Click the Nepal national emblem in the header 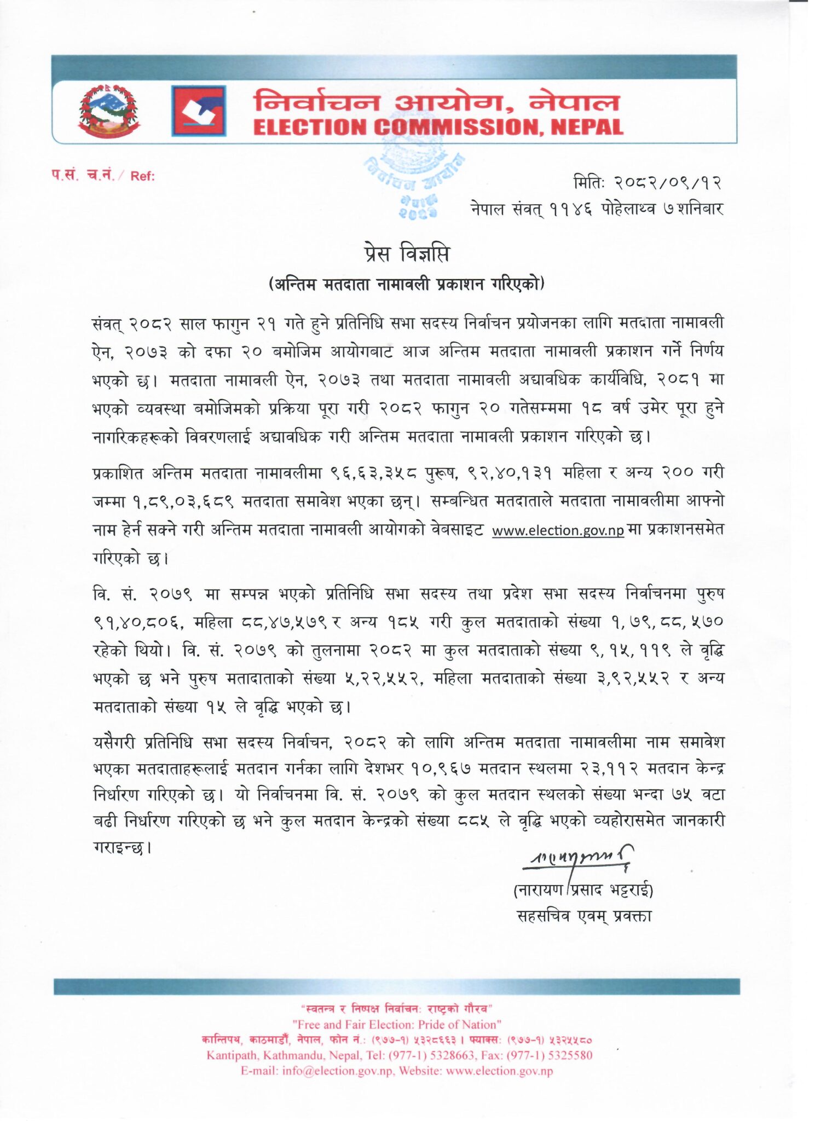coord(109,111)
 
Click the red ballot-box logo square coord(198,111)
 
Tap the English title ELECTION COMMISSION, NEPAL coord(438,128)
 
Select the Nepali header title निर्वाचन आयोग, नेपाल coord(436,102)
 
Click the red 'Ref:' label coord(142,176)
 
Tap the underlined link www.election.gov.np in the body coord(557,530)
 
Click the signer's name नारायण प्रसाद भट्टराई coord(583,891)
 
